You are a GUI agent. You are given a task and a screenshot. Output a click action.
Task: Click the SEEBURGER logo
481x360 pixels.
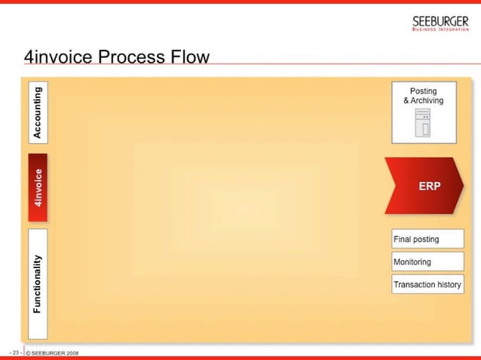point(440,22)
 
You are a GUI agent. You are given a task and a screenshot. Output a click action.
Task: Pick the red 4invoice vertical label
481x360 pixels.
point(38,188)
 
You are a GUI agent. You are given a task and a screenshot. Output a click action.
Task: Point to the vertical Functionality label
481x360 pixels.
point(38,284)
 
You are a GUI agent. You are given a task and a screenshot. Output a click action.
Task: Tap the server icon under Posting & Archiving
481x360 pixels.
point(422,124)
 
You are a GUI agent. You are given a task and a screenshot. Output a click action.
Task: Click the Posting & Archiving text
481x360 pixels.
point(423,96)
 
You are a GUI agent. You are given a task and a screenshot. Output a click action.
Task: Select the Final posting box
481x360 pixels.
point(427,239)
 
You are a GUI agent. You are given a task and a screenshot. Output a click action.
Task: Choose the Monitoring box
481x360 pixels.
point(427,262)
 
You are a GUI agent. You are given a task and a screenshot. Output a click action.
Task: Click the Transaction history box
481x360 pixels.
point(427,285)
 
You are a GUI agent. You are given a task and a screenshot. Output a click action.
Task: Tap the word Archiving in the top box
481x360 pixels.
point(427,100)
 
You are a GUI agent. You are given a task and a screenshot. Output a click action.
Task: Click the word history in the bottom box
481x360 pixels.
point(446,285)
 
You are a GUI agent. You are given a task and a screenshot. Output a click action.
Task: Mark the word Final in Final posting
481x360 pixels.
point(403,239)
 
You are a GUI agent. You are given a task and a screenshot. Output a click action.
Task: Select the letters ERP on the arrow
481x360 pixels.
point(429,186)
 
